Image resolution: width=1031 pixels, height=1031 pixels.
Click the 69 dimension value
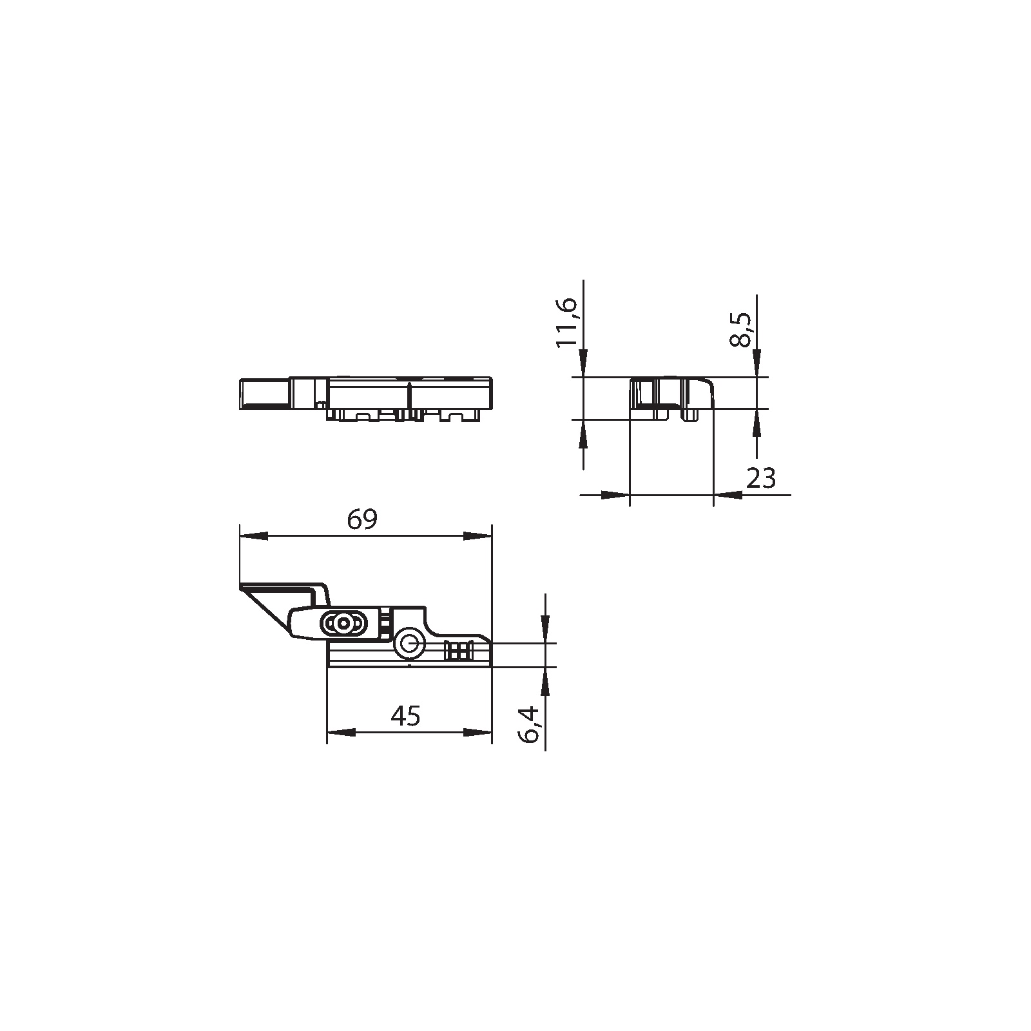coord(361,520)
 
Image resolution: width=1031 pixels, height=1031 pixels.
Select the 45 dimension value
coord(406,716)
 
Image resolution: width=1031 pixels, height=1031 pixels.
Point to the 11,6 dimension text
coord(567,322)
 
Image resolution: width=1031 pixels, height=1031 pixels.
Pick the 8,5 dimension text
coord(740,329)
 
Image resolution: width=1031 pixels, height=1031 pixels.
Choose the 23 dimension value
coord(761,478)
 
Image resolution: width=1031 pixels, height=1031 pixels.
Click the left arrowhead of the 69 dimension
coord(253,536)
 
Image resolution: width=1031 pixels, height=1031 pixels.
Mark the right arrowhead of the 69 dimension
coord(477,536)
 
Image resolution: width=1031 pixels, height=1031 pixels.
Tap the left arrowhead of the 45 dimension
coord(341,733)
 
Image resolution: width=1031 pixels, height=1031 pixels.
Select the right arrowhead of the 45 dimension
coord(477,733)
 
